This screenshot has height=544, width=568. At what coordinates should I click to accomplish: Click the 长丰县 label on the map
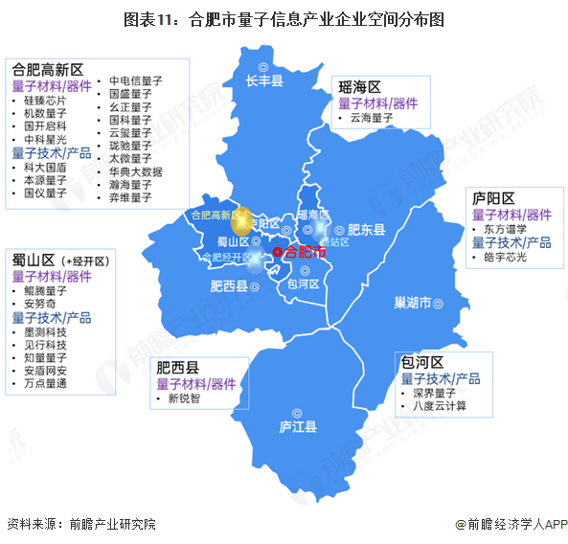[264, 81]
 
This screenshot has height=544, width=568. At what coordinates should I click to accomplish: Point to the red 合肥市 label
[306, 252]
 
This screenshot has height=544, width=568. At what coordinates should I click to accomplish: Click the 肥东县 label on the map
[365, 230]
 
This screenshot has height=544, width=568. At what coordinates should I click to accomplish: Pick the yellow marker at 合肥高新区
[244, 220]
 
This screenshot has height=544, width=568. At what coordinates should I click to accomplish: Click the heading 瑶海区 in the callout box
[360, 87]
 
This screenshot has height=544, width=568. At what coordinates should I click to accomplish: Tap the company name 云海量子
[372, 119]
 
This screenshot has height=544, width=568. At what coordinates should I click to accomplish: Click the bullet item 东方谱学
[506, 229]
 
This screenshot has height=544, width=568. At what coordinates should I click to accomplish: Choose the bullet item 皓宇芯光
[506, 258]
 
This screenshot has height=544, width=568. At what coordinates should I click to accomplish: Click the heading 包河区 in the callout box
[422, 363]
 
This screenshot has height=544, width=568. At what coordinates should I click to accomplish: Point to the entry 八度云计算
[440, 406]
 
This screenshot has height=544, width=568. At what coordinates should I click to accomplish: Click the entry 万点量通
[45, 383]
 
